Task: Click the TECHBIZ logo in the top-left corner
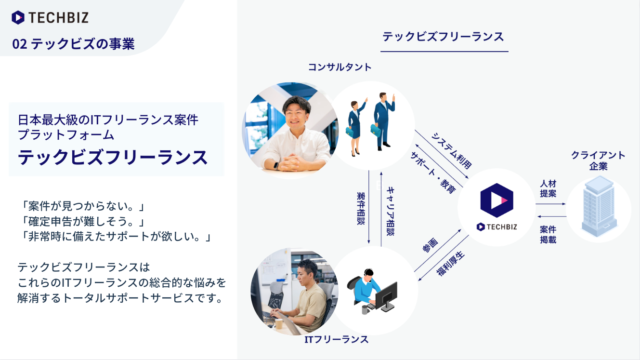pyautogui.click(x=50, y=17)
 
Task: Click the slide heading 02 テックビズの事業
pyautogui.click(x=73, y=44)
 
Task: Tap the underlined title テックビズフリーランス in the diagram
pyautogui.click(x=443, y=37)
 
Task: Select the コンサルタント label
pyautogui.click(x=340, y=67)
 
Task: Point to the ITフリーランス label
pyautogui.click(x=336, y=339)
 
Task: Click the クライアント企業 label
pyautogui.click(x=598, y=160)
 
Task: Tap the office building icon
pyautogui.click(x=599, y=206)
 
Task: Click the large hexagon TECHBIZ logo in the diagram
pyautogui.click(x=496, y=200)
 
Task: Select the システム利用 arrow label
pyautogui.click(x=451, y=151)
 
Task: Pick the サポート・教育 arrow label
pyautogui.click(x=433, y=173)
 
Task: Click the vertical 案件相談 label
pyautogui.click(x=361, y=209)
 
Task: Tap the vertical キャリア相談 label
pyautogui.click(x=390, y=211)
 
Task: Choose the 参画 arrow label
pyautogui.click(x=430, y=245)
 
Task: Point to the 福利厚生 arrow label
pyautogui.click(x=451, y=263)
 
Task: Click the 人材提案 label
pyautogui.click(x=548, y=188)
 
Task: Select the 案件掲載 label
pyautogui.click(x=548, y=235)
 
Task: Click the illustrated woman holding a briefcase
pyautogui.click(x=355, y=127)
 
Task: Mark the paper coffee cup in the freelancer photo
pyautogui.click(x=278, y=323)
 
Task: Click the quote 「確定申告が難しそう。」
pyautogui.click(x=82, y=221)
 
